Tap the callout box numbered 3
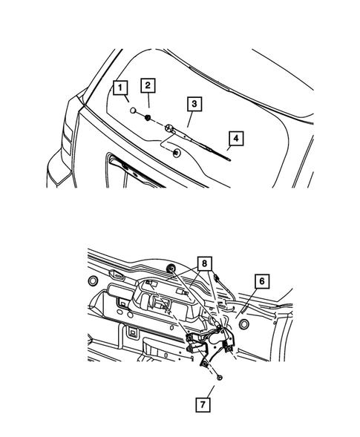point(193,105)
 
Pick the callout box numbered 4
point(235,138)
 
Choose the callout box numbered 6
point(263,281)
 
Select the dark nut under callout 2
point(148,118)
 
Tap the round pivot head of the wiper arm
point(170,129)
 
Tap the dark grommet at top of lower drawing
point(171,269)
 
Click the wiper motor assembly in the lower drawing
point(212,338)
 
